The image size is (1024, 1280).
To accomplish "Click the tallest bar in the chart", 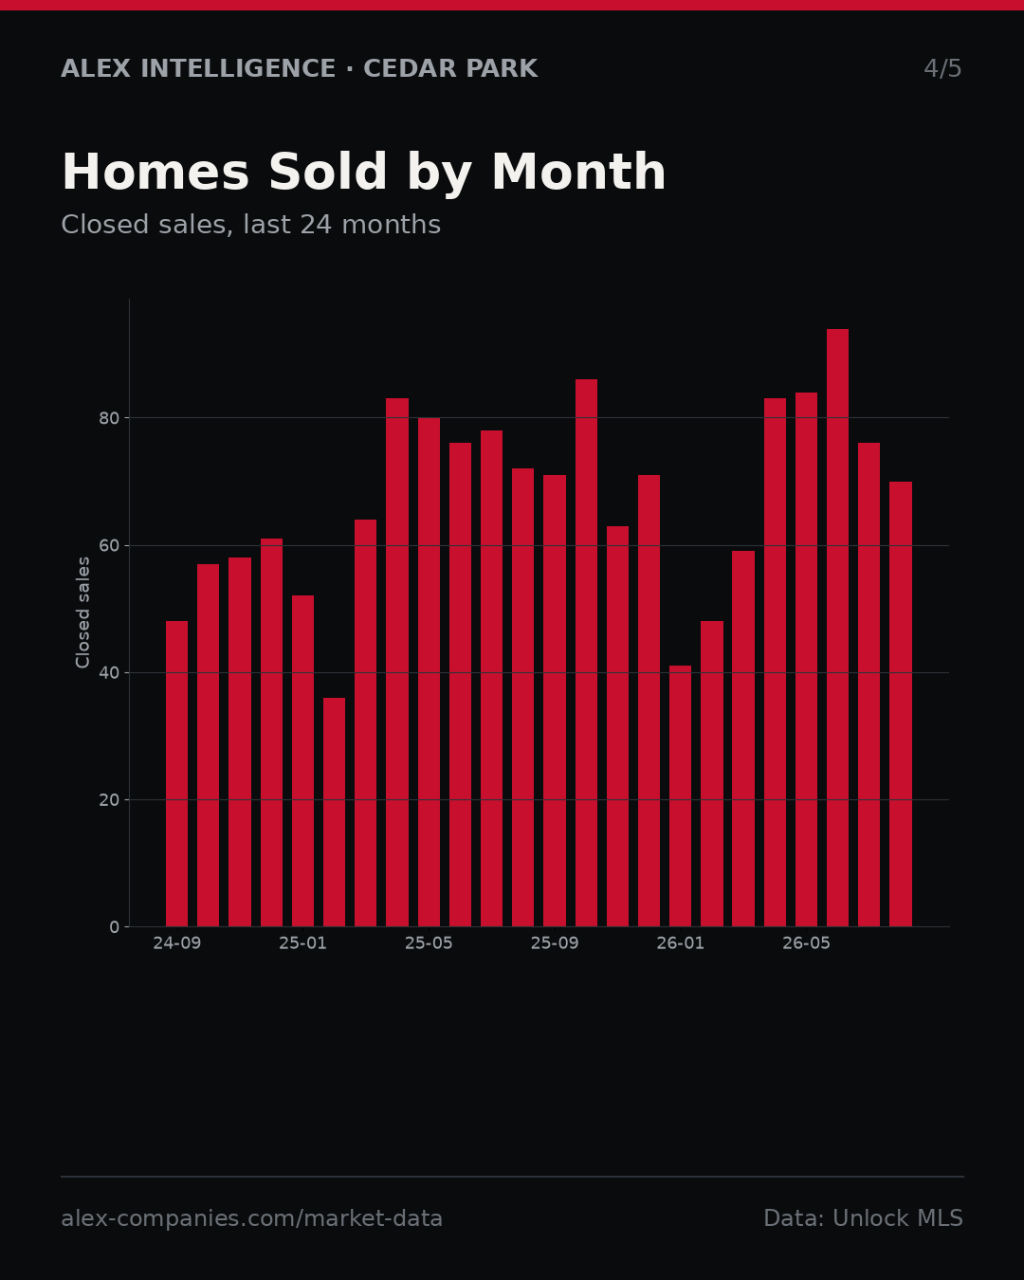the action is pos(837,628).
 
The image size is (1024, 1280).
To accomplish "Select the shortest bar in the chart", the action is pos(334,812).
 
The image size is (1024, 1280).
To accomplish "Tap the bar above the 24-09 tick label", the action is pos(176,774).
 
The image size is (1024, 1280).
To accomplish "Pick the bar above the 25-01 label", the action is pos(302,760).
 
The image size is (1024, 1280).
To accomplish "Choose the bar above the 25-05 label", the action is pos(429,672).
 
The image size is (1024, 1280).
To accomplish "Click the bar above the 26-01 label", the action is pos(680,795).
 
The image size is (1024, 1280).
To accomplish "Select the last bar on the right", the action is pos(900,704).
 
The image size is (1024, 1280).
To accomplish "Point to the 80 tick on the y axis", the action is pos(109,419).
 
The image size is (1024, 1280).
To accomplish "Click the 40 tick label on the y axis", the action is pos(109,673).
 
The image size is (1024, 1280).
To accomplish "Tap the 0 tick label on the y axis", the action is pos(115,927).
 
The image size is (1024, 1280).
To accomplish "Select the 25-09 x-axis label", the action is pos(555,943).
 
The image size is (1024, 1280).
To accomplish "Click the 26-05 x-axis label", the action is pos(806,943).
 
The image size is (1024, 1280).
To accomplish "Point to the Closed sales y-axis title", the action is pos(82,613).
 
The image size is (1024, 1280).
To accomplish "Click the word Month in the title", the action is pos(578,172).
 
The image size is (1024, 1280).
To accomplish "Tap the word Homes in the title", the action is pos(155,172).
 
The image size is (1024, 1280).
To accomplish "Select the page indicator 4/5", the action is pos(942,68).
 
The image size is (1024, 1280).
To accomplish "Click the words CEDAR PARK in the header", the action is pos(450,68).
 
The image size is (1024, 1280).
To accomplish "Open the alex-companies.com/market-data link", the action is pos(251,1218).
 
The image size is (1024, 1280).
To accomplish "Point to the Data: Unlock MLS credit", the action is pos(863,1218).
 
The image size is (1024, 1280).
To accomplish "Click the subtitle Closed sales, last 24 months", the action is pos(250,225).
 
